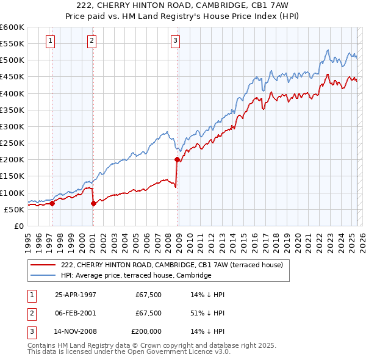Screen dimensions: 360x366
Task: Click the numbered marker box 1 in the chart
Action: click(x=49, y=41)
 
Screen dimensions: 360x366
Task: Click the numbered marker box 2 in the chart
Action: click(x=91, y=41)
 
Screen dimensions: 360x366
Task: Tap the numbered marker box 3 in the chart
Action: click(x=175, y=41)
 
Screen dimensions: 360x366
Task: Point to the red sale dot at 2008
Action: click(x=178, y=160)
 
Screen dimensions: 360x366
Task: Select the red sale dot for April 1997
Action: click(x=52, y=204)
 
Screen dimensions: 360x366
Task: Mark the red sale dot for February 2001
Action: click(x=93, y=204)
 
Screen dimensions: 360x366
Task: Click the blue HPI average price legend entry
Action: click(x=135, y=276)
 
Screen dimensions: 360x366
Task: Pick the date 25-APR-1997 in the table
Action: click(x=76, y=294)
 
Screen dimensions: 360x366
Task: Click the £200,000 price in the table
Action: click(x=146, y=332)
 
